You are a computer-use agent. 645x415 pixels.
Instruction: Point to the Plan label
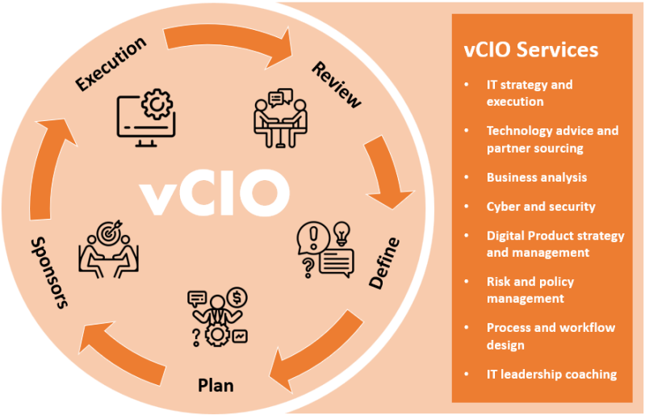click(216, 385)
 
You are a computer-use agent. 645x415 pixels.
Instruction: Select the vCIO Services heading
click(531, 49)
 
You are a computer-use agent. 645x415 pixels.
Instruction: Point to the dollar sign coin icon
click(237, 298)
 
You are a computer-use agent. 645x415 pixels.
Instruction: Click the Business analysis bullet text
click(536, 177)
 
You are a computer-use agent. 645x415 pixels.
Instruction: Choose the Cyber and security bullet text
click(540, 206)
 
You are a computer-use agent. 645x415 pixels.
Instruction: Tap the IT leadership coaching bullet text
click(551, 374)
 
